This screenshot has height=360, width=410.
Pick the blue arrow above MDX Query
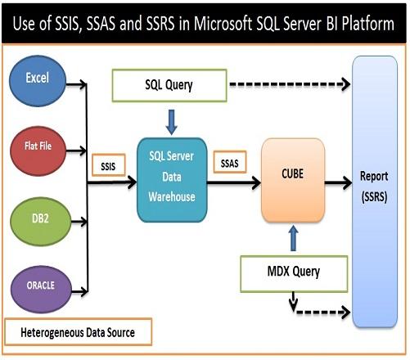coord(293,235)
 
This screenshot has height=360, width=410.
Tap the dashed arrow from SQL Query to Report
coord(291,84)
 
